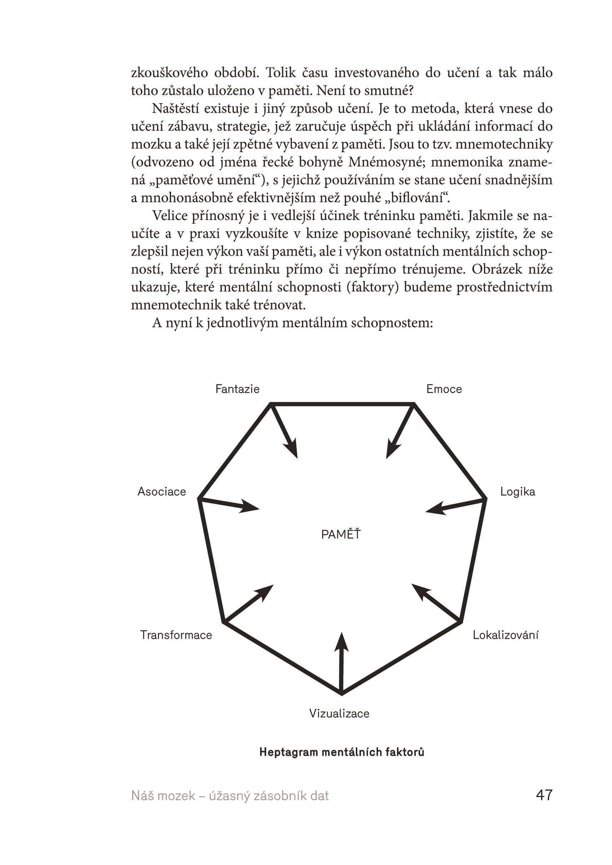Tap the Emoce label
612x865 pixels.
[444, 389]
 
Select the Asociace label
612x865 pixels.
[162, 492]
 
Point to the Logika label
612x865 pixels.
[517, 492]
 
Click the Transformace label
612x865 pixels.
[176, 635]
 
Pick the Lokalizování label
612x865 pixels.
[505, 635]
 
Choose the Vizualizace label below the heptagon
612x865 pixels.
[339, 714]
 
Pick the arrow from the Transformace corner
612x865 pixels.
[249, 603]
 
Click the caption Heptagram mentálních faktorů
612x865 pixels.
[342, 752]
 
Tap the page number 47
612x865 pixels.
[544, 795]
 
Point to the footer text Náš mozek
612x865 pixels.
[163, 796]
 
